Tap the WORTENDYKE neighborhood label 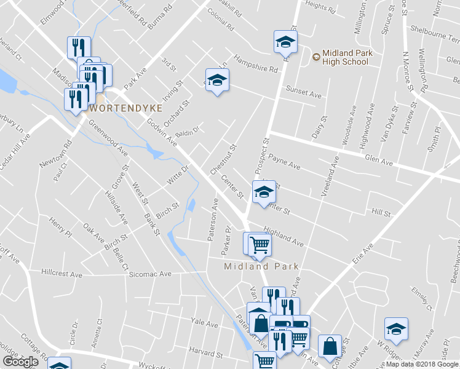(126, 108)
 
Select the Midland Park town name (261, 266)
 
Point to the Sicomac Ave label (149, 275)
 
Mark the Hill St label (381, 213)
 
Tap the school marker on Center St (264, 191)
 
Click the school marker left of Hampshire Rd (216, 80)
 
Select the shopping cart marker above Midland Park (260, 244)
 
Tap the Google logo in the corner (20, 362)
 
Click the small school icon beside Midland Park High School (315, 57)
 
